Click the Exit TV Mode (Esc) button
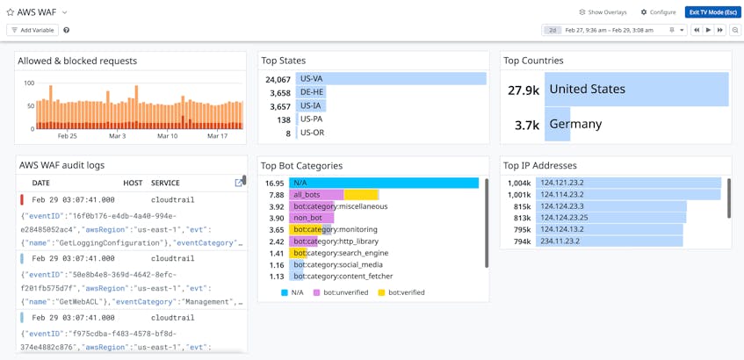pos(712,12)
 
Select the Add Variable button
pos(33,30)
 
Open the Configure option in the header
pos(658,12)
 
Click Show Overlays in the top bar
pos(603,12)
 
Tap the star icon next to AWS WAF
pos(11,12)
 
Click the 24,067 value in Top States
pos(278,80)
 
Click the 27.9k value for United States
pos(524,90)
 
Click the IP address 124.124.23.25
pos(564,218)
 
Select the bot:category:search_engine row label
pos(341,253)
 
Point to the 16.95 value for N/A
pos(275,184)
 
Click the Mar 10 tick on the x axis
pos(167,136)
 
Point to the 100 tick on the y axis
pos(29,83)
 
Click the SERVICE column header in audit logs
pos(165,184)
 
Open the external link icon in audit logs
pos(239,183)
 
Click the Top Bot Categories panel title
pos(301,165)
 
